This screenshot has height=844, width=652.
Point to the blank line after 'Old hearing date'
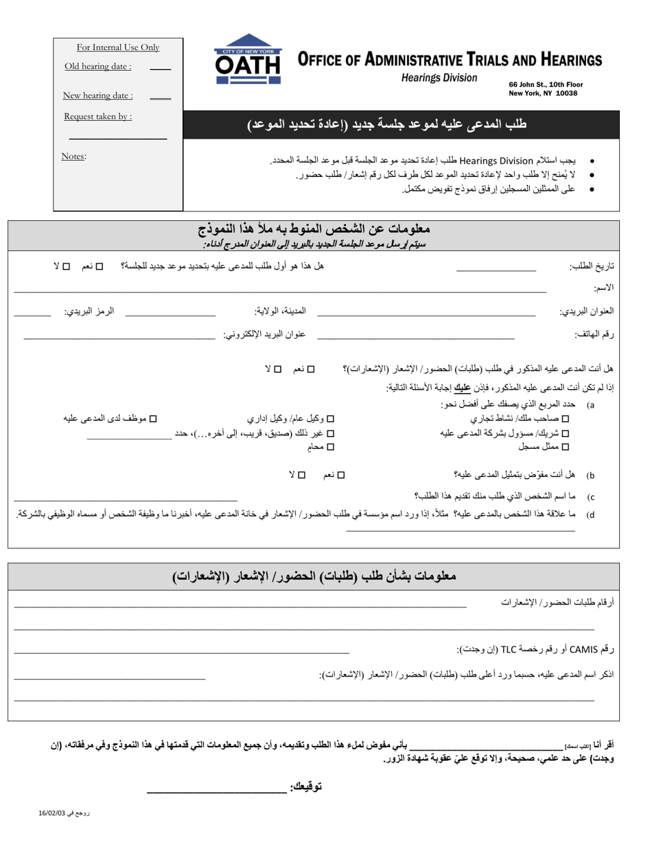tap(161, 69)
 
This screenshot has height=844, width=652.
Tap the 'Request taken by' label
tap(98, 116)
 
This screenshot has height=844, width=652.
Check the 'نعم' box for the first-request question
tap(100, 266)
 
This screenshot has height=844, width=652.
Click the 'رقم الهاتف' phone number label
tap(594, 334)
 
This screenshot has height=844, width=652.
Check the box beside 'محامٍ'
tap(330, 447)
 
